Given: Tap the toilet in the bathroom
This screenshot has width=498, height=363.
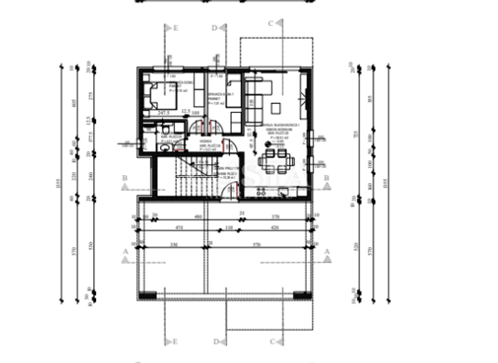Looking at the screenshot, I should [x=165, y=148].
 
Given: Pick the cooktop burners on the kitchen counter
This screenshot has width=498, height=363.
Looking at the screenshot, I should [x=262, y=191].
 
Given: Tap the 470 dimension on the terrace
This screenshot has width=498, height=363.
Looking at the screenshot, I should [x=179, y=228].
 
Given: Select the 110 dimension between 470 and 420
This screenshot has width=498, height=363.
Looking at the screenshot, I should [x=228, y=228].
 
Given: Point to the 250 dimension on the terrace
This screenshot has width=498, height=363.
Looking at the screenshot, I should [x=174, y=244].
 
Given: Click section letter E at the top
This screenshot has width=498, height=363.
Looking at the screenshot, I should [x=175, y=28].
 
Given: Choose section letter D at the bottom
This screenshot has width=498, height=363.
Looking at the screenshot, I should [x=215, y=341].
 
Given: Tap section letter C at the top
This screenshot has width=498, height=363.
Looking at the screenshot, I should [x=270, y=23].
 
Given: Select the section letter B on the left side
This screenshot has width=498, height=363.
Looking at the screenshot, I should [x=124, y=177].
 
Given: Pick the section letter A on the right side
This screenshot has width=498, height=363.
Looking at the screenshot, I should [x=327, y=251].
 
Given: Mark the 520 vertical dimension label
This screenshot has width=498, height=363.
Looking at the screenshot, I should [x=354, y=248].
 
